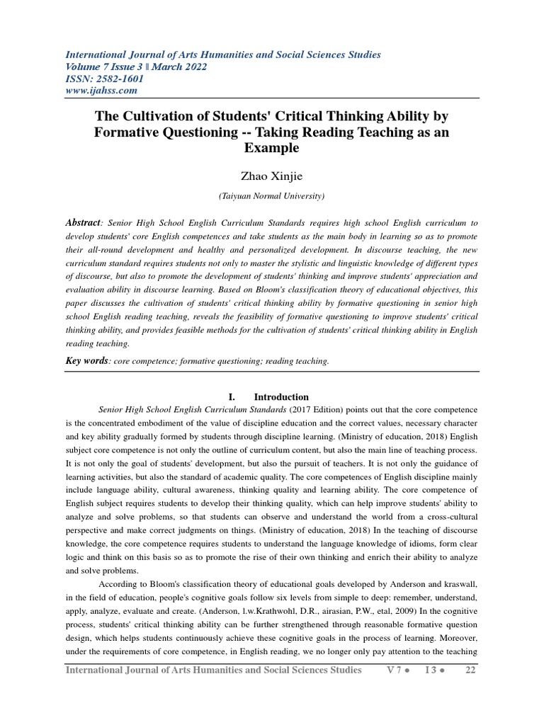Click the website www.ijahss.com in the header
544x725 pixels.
[x=101, y=91]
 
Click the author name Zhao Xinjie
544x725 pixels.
[x=271, y=175]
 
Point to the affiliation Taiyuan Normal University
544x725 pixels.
[x=271, y=195]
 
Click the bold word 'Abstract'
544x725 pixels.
[x=83, y=222]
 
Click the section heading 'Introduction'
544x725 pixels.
[x=281, y=397]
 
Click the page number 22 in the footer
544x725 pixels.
[x=470, y=670]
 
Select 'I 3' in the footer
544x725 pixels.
[x=431, y=670]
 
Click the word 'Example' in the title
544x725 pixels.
[x=271, y=148]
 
